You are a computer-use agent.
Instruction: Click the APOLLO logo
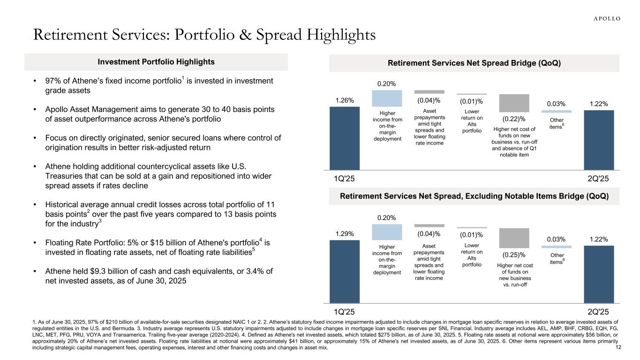pyautogui.click(x=604, y=19)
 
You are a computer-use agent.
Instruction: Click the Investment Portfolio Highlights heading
pyautogui.click(x=156, y=62)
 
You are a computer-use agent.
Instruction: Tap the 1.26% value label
pyautogui.click(x=345, y=100)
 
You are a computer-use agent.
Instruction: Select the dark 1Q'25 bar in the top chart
pyautogui.click(x=345, y=138)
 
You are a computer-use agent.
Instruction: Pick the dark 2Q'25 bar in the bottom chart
pyautogui.click(x=599, y=274)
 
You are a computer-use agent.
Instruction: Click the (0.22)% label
pyautogui.click(x=514, y=119)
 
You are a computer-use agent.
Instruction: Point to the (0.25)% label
pyautogui.click(x=514, y=255)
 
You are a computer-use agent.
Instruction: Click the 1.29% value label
pyautogui.click(x=345, y=233)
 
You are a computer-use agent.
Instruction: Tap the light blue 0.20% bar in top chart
pyautogui.click(x=387, y=98)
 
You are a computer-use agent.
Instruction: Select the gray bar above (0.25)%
pyautogui.click(x=514, y=238)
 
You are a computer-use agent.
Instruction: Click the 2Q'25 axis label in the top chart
pyautogui.click(x=599, y=179)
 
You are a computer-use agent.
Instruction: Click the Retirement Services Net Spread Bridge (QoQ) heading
pyautogui.click(x=474, y=63)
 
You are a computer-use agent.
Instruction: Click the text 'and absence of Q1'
pyautogui.click(x=513, y=148)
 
